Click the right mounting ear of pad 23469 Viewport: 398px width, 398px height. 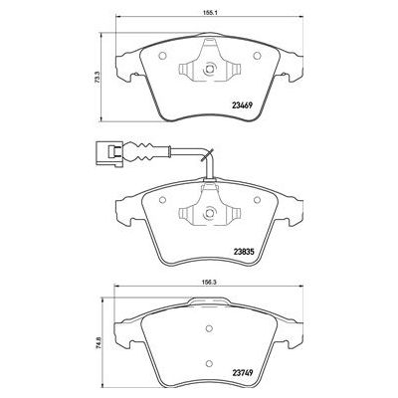click(289, 62)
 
